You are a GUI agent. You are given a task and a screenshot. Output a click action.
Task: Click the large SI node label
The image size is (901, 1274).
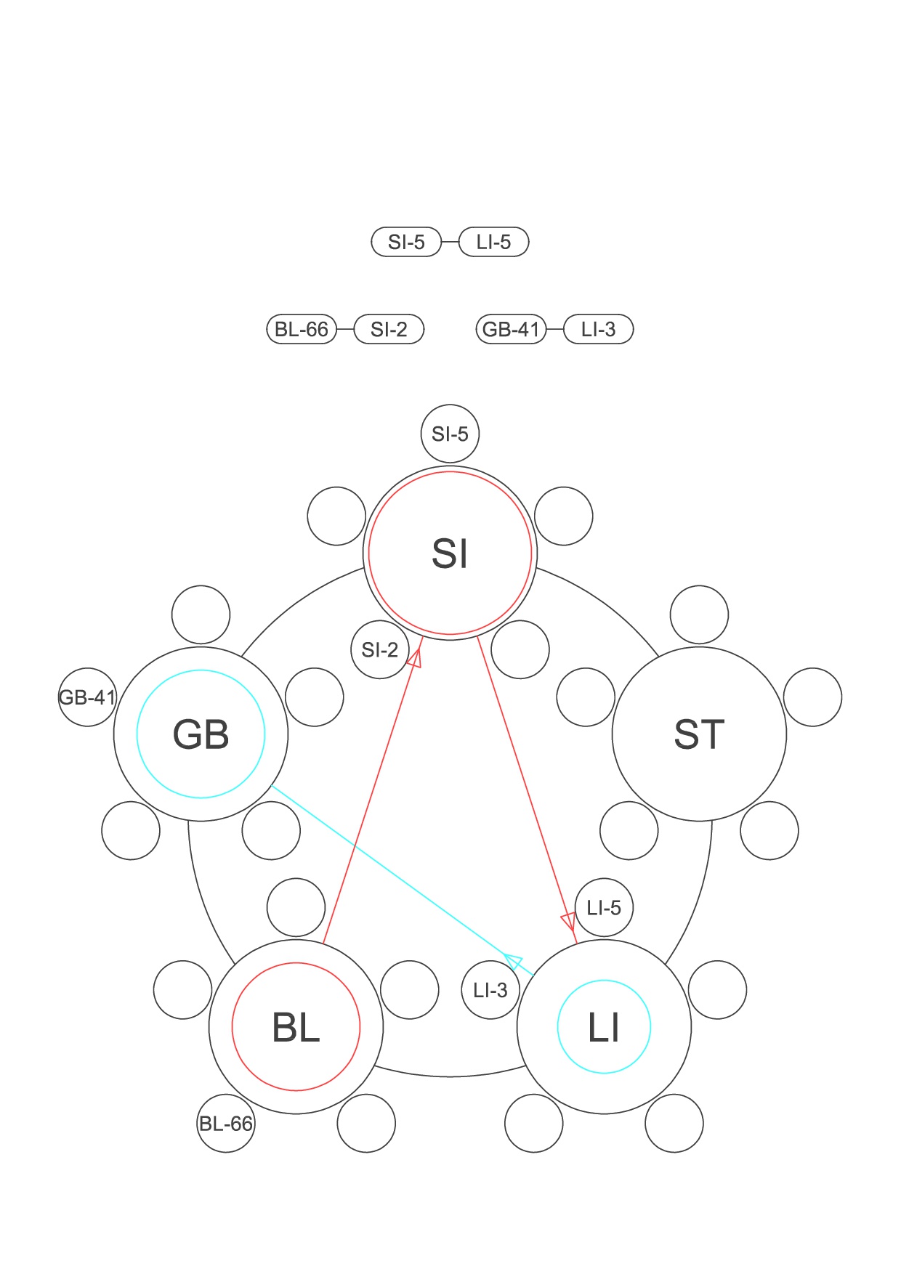[x=450, y=553]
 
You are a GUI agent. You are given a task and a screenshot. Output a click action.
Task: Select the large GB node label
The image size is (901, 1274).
[x=201, y=734]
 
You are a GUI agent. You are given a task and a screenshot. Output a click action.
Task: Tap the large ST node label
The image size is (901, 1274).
[x=699, y=734]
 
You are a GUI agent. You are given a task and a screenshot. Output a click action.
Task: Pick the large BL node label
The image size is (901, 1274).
[x=296, y=1027]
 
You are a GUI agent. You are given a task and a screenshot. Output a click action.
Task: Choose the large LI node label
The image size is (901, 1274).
[x=604, y=1027]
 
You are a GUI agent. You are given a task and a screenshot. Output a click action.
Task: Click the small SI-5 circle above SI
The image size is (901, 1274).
[x=450, y=434]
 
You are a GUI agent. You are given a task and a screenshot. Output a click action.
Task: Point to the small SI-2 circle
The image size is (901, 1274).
[x=380, y=649]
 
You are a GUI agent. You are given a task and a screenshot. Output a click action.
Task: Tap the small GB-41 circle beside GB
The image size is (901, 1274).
[x=87, y=697]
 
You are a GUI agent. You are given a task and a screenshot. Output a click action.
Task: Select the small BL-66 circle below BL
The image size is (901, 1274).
[x=226, y=1124]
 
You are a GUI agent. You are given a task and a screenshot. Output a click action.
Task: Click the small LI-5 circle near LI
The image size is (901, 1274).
[x=604, y=908]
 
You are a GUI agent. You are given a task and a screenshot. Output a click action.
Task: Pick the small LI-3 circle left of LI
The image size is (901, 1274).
[x=490, y=990]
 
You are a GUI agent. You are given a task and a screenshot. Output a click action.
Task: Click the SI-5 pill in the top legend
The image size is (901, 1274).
[x=406, y=242]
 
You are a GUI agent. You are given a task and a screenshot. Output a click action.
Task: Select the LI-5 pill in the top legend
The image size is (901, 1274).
[x=494, y=242]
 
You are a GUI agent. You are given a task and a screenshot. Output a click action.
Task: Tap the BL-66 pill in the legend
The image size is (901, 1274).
[x=302, y=329]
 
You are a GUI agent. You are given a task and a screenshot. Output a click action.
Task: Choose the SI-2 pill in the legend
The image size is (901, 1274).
[x=389, y=329]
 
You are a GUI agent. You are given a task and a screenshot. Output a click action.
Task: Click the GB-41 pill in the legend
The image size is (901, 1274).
[x=511, y=329]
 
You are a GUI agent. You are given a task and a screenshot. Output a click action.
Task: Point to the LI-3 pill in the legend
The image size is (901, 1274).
[x=599, y=329]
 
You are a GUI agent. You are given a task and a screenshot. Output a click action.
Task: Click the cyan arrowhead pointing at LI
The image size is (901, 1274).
[x=514, y=962]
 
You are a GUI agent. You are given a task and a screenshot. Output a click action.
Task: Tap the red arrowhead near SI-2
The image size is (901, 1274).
[x=415, y=658]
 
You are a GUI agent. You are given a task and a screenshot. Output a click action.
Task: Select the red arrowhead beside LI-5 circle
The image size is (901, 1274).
[x=569, y=922]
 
